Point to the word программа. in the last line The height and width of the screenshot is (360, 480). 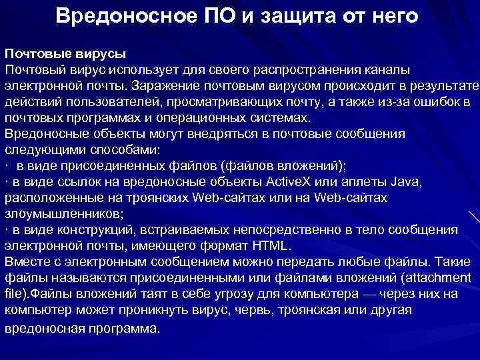tap(121, 329)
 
